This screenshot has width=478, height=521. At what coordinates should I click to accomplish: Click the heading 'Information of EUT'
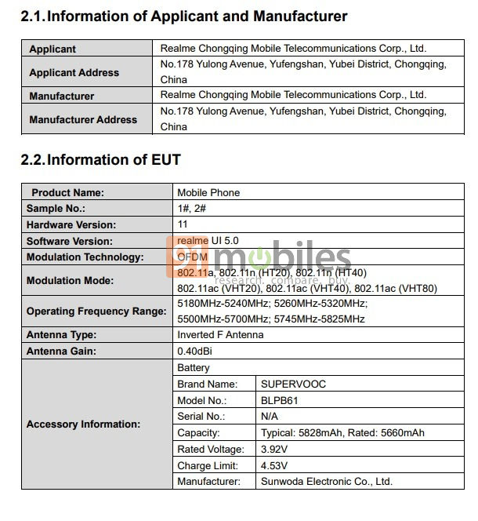[114, 160]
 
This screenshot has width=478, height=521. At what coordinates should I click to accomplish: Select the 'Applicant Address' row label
[74, 72]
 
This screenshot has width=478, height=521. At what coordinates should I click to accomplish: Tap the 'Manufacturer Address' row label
[83, 120]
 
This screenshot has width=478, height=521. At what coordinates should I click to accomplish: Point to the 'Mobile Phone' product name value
[208, 192]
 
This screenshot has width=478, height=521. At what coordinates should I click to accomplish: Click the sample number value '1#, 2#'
[191, 209]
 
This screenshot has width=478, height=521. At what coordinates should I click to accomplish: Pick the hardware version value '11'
[183, 224]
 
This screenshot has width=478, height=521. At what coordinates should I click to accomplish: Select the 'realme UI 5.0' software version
[208, 241]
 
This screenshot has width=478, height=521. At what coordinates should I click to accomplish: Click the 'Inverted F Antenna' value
[220, 335]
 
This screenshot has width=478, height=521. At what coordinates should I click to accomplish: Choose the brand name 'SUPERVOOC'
[293, 384]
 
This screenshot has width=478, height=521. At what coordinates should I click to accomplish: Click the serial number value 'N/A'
[270, 417]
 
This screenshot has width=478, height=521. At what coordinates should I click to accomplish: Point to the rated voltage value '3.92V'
[274, 450]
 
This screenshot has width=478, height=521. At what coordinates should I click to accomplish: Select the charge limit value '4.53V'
[274, 465]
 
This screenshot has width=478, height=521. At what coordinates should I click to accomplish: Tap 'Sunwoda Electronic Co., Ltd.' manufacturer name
[327, 481]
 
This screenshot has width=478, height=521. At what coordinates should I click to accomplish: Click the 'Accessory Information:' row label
[83, 424]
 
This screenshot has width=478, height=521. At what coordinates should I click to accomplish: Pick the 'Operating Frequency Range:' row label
[96, 312]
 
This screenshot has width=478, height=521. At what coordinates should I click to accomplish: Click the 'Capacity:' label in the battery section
[198, 433]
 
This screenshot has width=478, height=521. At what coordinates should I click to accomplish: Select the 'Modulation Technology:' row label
[85, 257]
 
